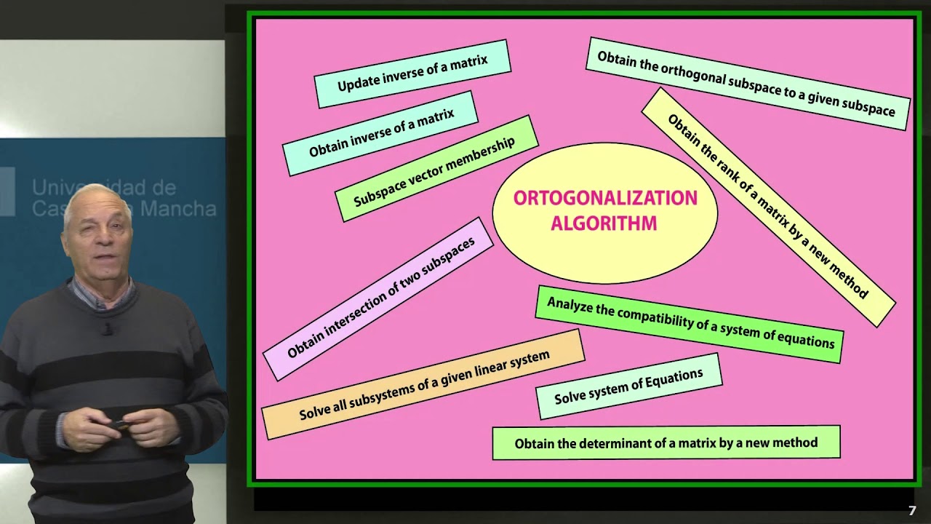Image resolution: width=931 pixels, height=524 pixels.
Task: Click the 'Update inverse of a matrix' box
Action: pyautogui.click(x=412, y=74)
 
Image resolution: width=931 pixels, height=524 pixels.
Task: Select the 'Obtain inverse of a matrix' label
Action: pyautogui.click(x=380, y=133)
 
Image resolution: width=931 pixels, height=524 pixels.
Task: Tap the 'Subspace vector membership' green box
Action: pyautogui.click(x=436, y=168)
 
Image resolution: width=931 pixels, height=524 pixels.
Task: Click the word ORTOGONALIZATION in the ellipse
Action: pyautogui.click(x=605, y=198)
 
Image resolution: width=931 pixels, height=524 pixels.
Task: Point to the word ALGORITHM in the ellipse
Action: pyautogui.click(x=604, y=223)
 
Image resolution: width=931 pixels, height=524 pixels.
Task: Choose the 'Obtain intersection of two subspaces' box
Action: pyautogui.click(x=378, y=298)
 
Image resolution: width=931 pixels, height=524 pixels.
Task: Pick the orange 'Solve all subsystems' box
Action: pyautogui.click(x=423, y=384)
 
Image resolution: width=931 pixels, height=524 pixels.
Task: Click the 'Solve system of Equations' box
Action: pyautogui.click(x=629, y=386)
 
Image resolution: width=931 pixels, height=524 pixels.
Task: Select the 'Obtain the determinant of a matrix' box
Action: pyautogui.click(x=666, y=442)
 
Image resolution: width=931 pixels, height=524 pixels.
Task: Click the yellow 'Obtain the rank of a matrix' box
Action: pyautogui.click(x=769, y=207)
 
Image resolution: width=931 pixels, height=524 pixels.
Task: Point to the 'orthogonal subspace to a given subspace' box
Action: pyautogui.click(x=747, y=84)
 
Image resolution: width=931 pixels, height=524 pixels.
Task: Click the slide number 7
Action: pyautogui.click(x=912, y=511)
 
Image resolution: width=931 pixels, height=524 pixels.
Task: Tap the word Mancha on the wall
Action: pyautogui.click(x=179, y=208)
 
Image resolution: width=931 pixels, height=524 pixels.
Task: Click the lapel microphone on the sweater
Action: pyautogui.click(x=108, y=330)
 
